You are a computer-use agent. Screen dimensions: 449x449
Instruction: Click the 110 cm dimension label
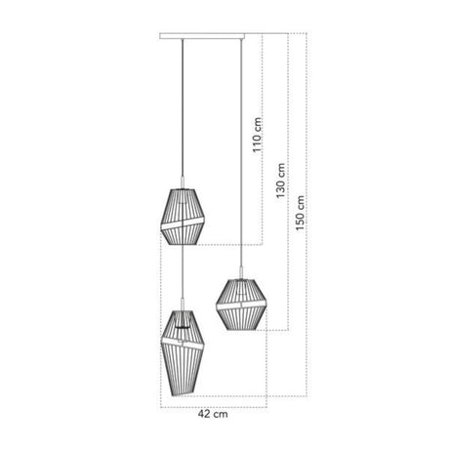pyautogui.click(x=257, y=135)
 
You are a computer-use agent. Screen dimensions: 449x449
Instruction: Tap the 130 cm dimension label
pyautogui.click(x=280, y=181)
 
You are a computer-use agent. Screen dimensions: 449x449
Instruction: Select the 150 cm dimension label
pyautogui.click(x=300, y=213)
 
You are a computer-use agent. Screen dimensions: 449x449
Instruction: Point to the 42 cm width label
pyautogui.click(x=213, y=414)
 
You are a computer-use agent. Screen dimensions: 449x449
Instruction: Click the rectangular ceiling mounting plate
pyautogui.click(x=202, y=36)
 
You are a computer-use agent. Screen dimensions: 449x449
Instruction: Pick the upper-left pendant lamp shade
pyautogui.click(x=183, y=217)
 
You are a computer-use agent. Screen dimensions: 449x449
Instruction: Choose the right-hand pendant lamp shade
pyautogui.click(x=241, y=305)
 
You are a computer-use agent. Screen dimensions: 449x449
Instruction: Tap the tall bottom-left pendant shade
pyautogui.click(x=183, y=353)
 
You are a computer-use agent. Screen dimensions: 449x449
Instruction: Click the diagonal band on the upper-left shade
pyautogui.click(x=183, y=224)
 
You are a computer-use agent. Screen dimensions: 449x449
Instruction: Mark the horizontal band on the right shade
pyautogui.click(x=241, y=306)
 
